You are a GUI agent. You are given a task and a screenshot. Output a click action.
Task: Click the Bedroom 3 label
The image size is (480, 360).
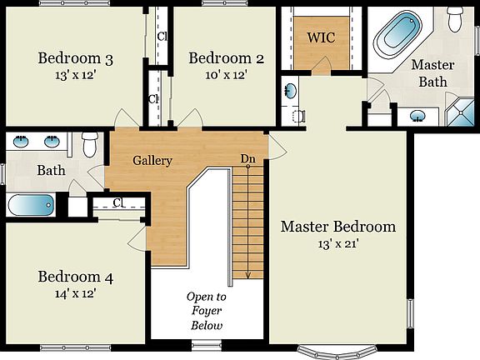(x=75, y=58)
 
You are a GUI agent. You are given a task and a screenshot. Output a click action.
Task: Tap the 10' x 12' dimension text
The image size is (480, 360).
(x=226, y=74)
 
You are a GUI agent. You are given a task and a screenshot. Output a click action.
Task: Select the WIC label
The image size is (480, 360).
(x=321, y=37)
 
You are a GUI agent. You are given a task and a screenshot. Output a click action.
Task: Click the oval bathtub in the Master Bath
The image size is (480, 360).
(x=397, y=32)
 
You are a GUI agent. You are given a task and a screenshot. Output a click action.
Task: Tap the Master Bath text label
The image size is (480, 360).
(x=432, y=73)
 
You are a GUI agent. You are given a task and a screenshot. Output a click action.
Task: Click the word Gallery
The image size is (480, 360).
(x=152, y=160)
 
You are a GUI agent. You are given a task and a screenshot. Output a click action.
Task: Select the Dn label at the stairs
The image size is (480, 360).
(x=247, y=158)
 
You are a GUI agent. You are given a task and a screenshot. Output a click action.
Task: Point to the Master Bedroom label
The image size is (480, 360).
(x=337, y=227)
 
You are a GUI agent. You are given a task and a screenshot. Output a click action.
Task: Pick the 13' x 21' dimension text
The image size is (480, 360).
(x=337, y=244)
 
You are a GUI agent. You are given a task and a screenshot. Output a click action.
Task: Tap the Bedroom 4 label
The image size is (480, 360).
(x=75, y=277)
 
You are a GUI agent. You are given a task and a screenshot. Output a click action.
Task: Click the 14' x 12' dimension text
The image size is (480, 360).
(x=75, y=293)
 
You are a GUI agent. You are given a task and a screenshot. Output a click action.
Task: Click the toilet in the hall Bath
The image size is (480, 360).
(x=90, y=142)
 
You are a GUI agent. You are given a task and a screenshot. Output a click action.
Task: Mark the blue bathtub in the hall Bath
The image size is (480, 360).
(x=30, y=203)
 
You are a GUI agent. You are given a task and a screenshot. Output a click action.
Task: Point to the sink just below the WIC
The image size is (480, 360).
(x=290, y=90)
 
